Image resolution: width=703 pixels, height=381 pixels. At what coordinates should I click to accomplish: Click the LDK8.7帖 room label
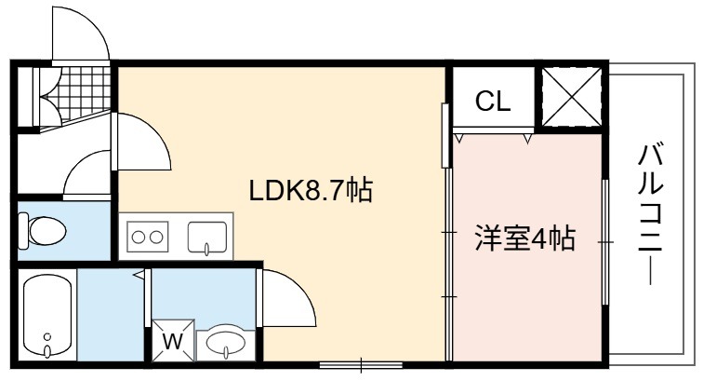point(311,190)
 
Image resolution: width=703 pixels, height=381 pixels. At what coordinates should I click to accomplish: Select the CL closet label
point(493,101)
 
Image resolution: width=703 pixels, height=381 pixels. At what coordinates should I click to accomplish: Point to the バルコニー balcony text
point(650,214)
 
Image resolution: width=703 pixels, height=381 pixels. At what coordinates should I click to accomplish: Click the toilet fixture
point(42,230)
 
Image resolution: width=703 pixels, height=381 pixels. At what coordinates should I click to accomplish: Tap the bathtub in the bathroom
point(47,316)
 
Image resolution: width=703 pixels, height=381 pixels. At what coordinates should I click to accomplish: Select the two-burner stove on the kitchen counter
point(148,237)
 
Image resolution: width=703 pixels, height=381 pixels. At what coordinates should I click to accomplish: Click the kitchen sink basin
point(207,238)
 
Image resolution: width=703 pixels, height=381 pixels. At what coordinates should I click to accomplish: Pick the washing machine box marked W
point(173,341)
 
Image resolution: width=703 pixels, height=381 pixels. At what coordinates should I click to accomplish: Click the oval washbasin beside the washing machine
point(226,344)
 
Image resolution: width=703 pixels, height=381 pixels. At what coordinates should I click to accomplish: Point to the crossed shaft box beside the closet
point(571,97)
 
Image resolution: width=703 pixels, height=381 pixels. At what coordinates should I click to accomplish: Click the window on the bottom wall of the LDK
point(362,364)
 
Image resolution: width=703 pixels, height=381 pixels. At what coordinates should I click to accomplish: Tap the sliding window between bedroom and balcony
point(605,242)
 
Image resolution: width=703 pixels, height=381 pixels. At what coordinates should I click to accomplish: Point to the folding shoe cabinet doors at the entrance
point(48,97)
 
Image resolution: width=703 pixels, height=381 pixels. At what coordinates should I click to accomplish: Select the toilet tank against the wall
point(23,230)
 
